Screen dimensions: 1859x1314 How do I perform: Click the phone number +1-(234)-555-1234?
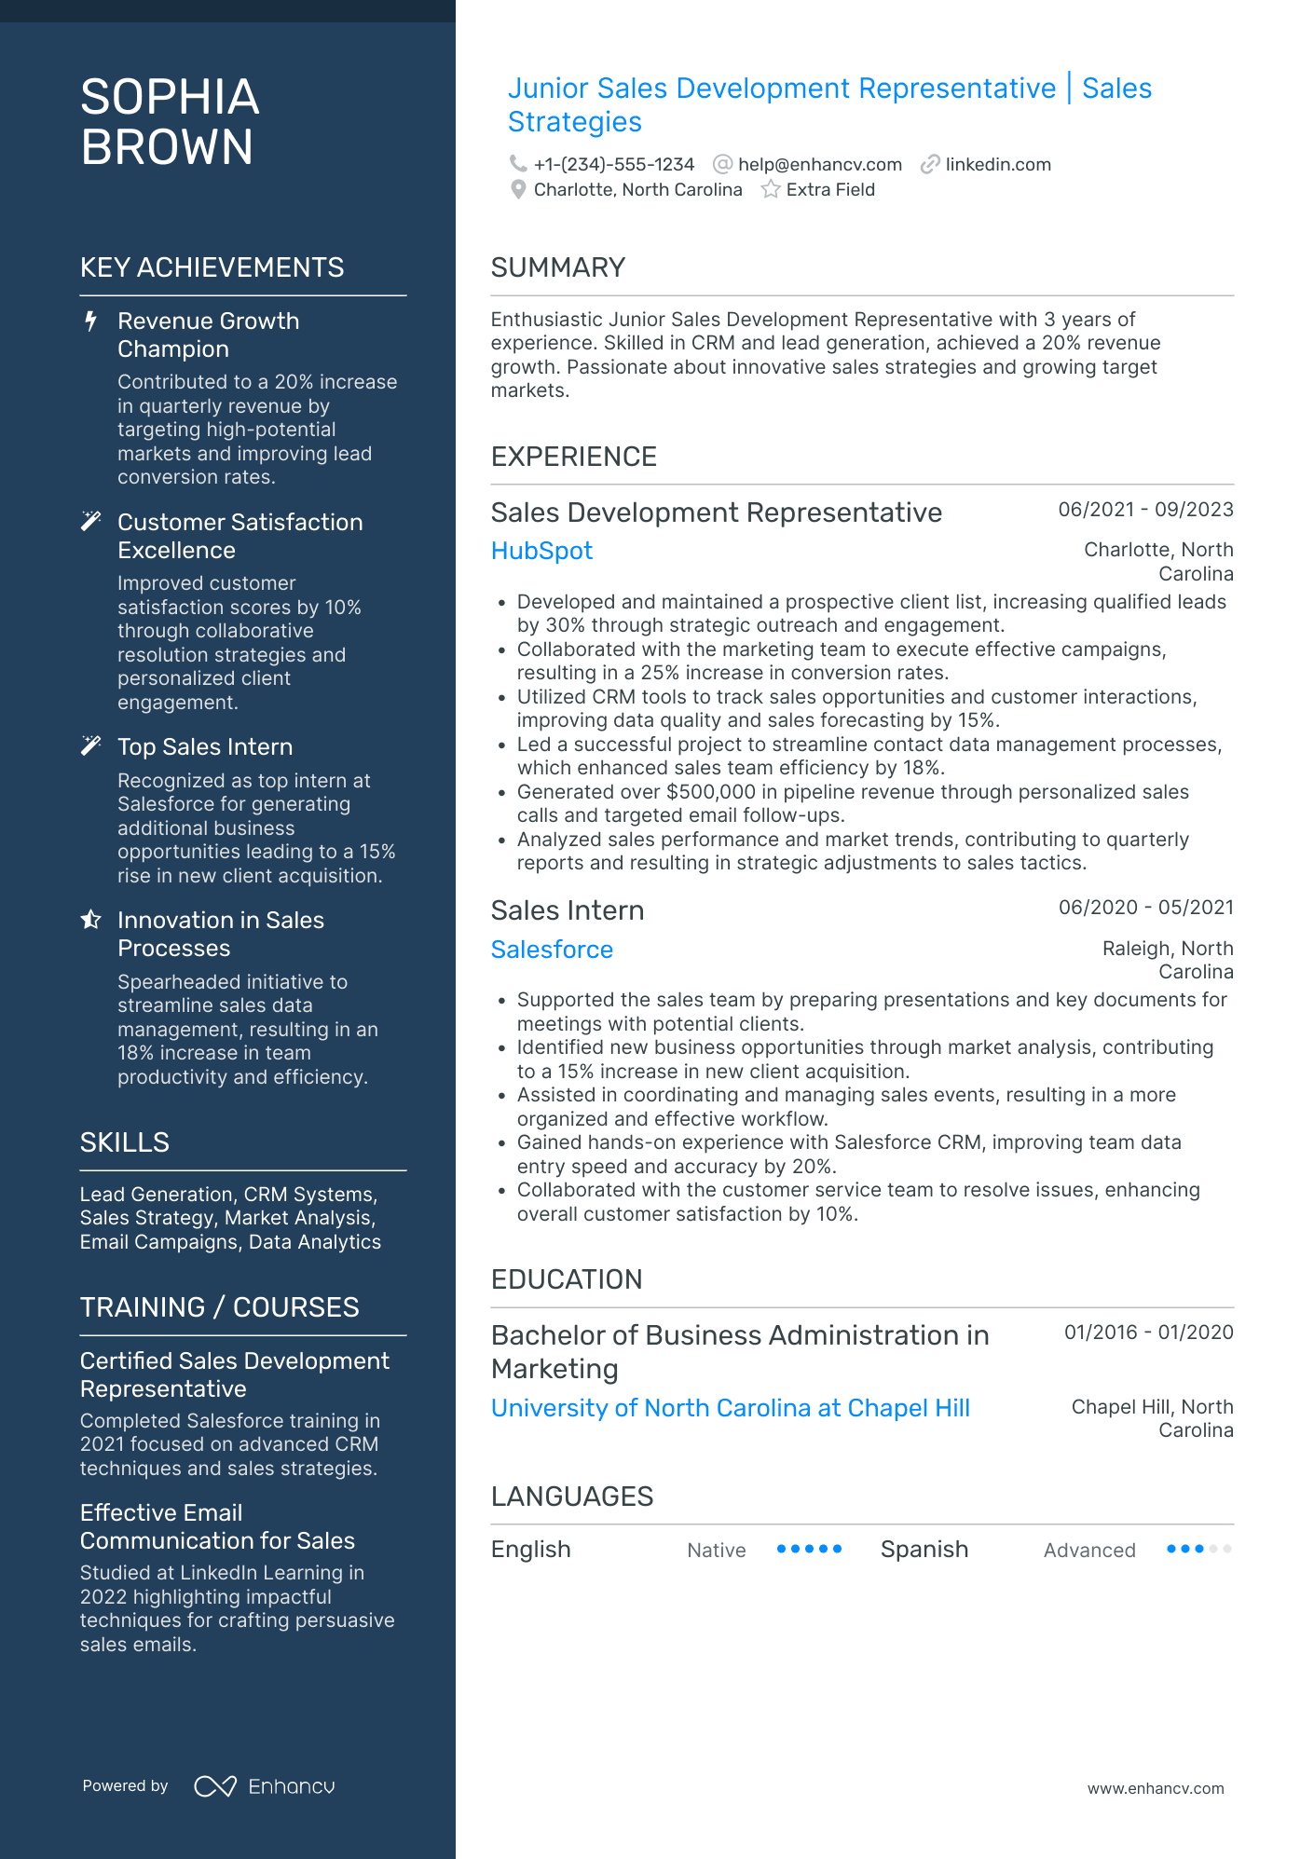pos(613,165)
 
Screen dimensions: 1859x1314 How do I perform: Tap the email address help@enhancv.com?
pos(819,165)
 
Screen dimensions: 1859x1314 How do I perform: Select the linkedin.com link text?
pos(997,165)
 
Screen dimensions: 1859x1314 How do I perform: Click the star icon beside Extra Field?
pos(771,190)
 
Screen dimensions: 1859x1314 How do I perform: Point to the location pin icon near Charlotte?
pos(518,190)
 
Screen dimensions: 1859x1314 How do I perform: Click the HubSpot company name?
pos(541,551)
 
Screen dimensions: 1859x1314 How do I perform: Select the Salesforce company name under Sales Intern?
pos(552,950)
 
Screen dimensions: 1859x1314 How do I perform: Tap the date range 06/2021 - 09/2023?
pos(1145,510)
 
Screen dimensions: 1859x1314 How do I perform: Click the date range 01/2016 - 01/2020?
pos(1148,1333)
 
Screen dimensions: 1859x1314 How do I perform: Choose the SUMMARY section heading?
pos(557,267)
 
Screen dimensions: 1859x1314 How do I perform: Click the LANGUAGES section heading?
pos(571,1497)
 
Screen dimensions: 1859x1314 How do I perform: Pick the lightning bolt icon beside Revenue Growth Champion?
pos(90,321)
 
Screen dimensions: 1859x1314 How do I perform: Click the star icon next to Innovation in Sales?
pos(90,921)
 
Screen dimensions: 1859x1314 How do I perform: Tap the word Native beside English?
pos(716,1551)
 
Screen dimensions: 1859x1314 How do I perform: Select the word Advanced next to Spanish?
pos(1088,1551)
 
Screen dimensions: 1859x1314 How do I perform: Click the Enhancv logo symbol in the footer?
pos(214,1786)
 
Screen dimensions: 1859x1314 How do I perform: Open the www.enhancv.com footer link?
pos(1155,1789)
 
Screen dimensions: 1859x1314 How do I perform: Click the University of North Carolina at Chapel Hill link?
pos(730,1408)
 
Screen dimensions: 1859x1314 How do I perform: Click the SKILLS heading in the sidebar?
pos(125,1142)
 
